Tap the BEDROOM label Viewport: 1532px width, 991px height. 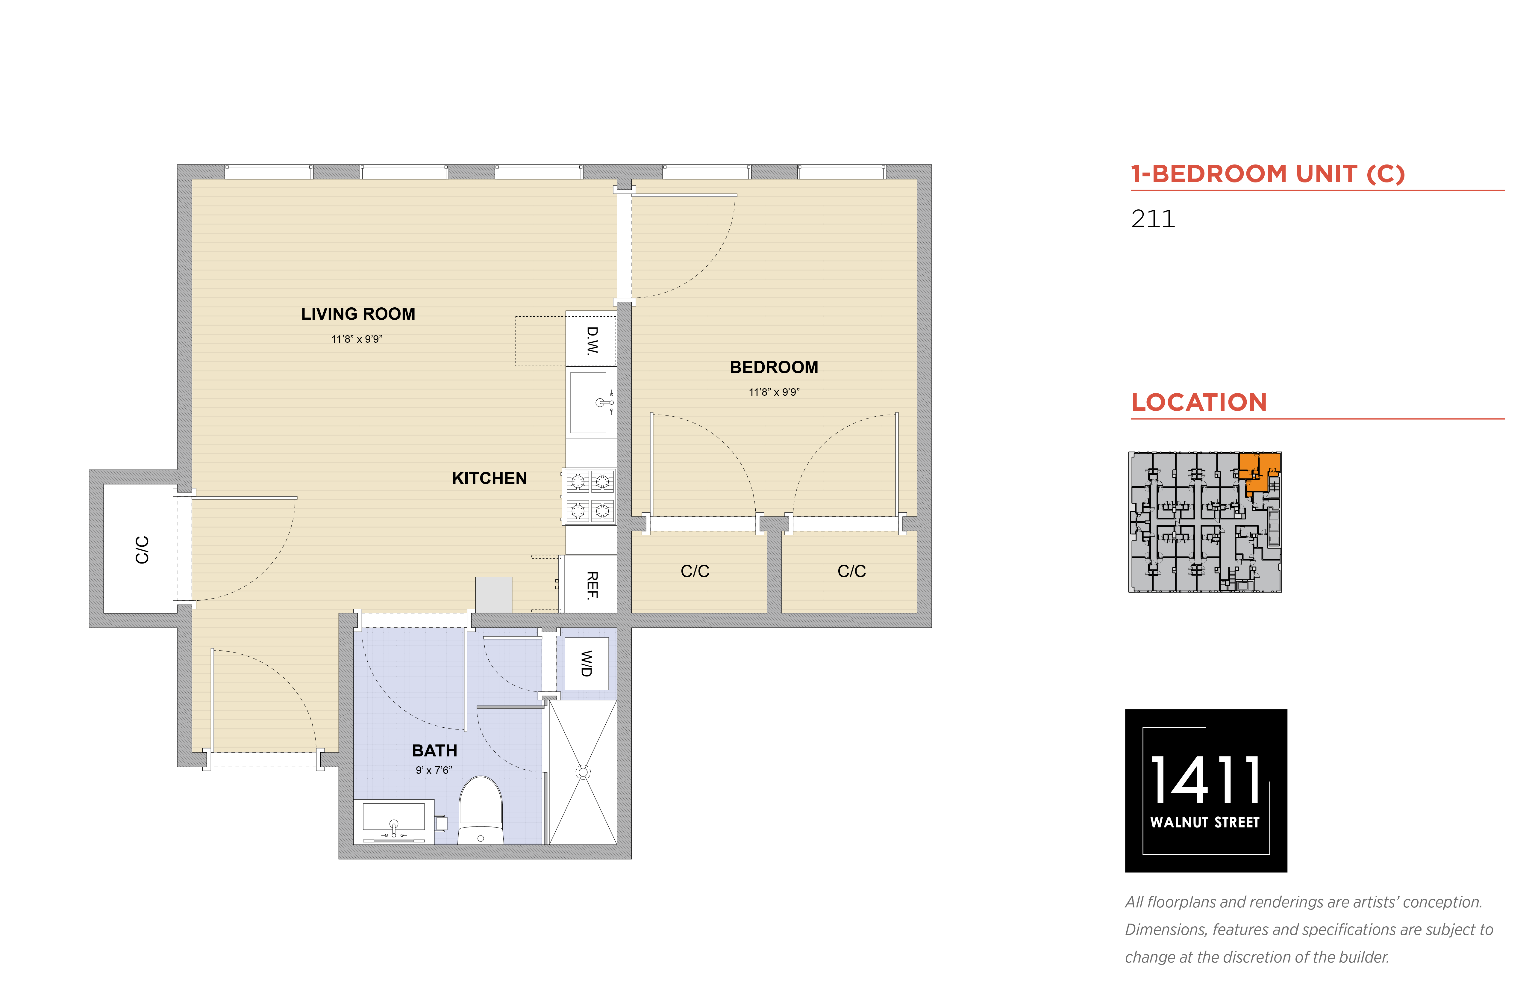[774, 368]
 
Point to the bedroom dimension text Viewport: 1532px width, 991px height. [774, 392]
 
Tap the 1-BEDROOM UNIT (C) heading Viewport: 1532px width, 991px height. [1268, 174]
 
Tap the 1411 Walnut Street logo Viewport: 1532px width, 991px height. [1206, 791]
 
